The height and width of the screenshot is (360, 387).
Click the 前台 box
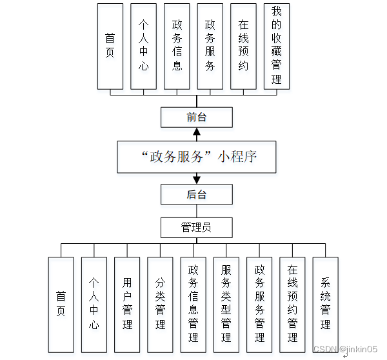pyautogui.click(x=196, y=117)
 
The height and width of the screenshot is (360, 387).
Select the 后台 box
pyautogui.click(x=196, y=194)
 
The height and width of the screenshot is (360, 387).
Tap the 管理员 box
pyautogui.click(x=196, y=227)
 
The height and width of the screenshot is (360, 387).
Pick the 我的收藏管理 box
pyautogui.click(x=277, y=46)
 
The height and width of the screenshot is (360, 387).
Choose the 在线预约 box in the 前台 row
pyautogui.click(x=243, y=46)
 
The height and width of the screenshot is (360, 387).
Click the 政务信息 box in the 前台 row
pyautogui.click(x=177, y=46)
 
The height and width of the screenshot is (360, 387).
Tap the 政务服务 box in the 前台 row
pyautogui.click(x=210, y=46)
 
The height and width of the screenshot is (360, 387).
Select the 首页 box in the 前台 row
pyautogui.click(x=110, y=46)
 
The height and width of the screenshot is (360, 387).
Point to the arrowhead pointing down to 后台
pyautogui.click(x=196, y=179)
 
